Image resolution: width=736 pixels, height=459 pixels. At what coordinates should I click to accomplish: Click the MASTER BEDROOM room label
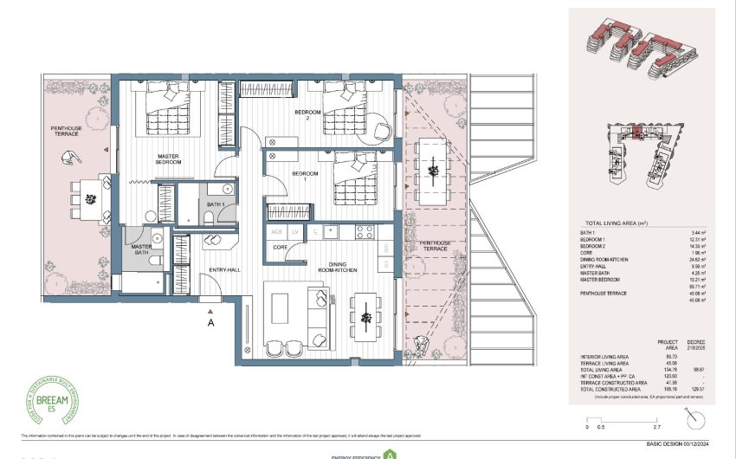point(168,158)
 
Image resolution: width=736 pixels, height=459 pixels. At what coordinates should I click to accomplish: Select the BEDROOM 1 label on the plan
point(305,174)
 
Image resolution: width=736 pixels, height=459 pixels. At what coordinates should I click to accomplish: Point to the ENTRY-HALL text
point(223,272)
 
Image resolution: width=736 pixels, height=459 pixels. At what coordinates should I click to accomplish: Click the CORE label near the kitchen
point(280,247)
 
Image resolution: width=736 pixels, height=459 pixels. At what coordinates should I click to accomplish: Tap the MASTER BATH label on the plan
point(141,249)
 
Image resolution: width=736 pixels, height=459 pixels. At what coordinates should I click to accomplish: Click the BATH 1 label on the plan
point(216,204)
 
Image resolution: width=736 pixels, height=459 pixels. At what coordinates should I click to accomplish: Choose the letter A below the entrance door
point(210,322)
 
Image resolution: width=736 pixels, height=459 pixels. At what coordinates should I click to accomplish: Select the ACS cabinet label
point(277,232)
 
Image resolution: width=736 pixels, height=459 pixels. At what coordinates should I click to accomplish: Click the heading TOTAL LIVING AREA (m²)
point(617,222)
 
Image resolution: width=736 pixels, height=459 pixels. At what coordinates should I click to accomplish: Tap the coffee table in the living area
point(281,307)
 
